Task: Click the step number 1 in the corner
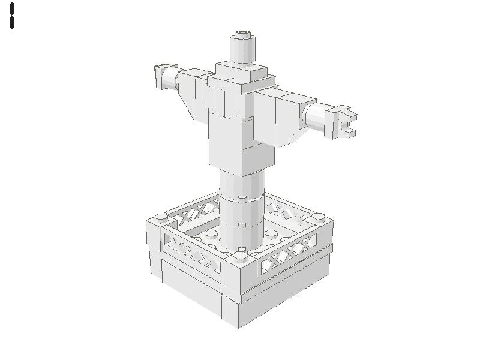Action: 12,16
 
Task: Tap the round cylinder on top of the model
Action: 243,49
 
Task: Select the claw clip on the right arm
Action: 341,122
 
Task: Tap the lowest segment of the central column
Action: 241,237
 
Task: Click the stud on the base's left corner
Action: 161,217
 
